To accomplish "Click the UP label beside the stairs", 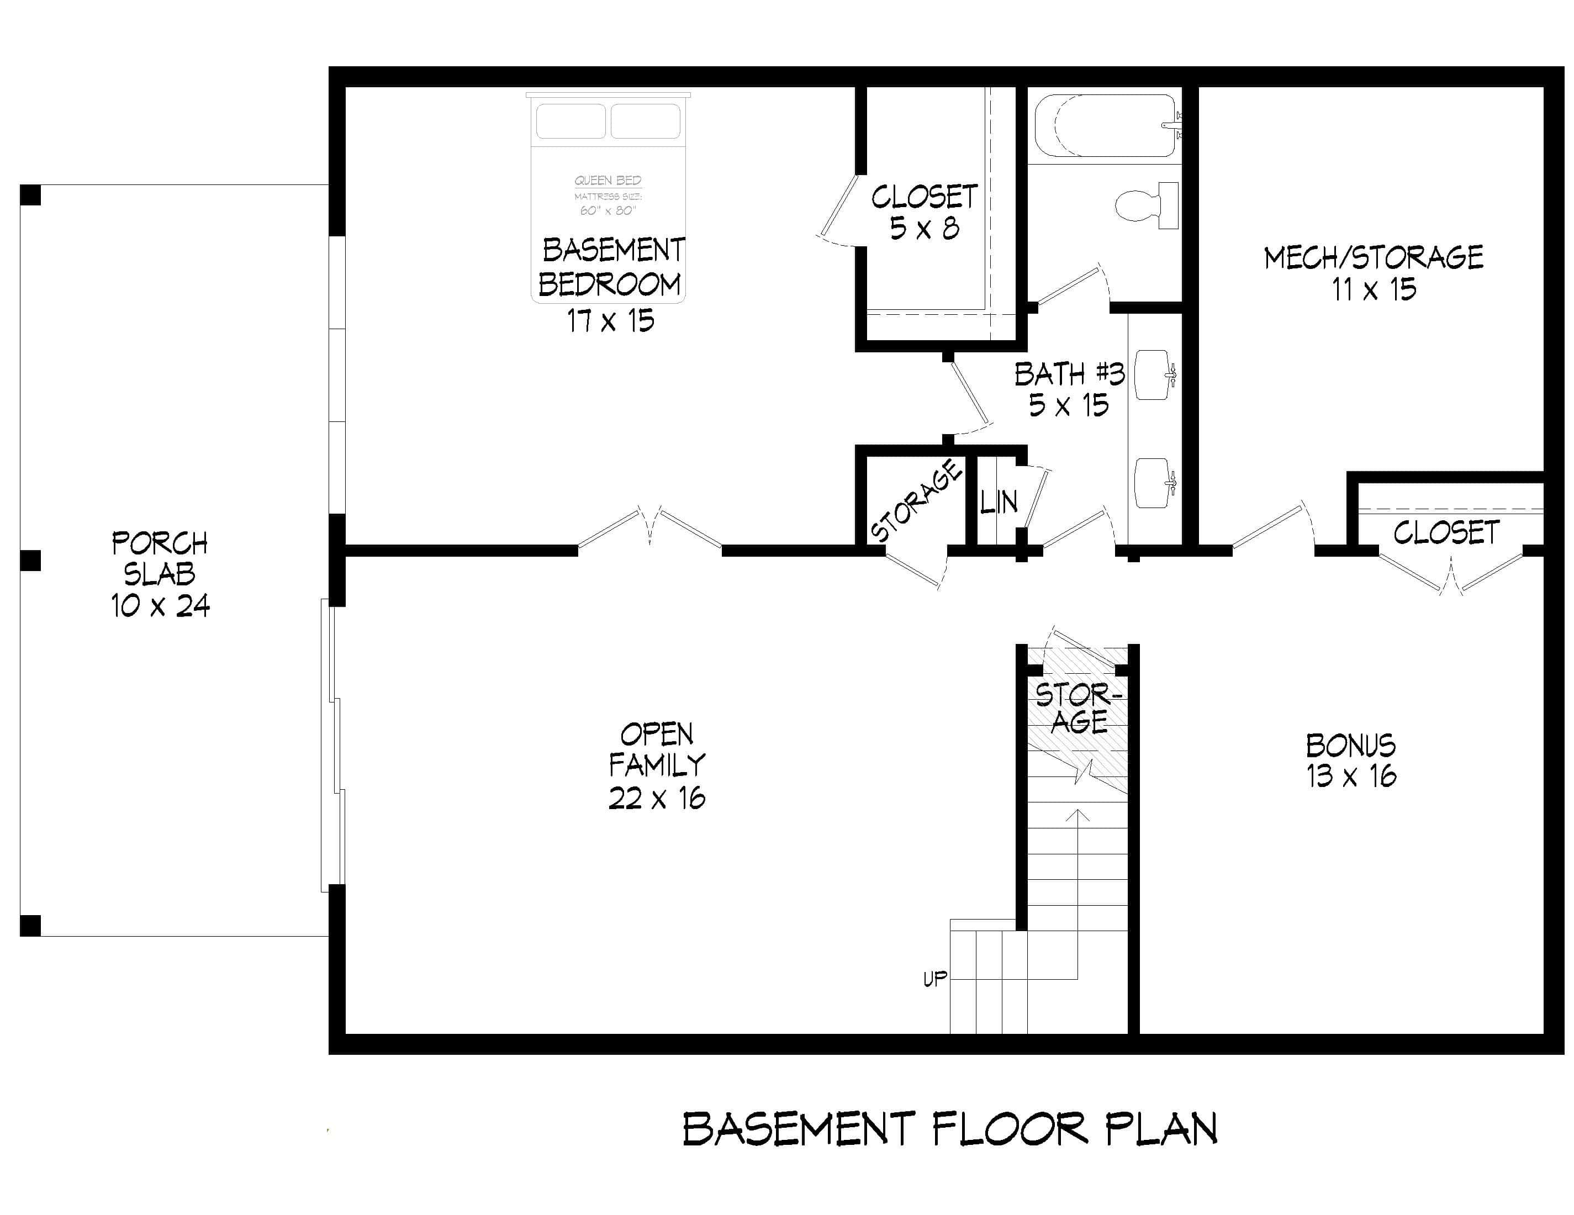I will click(935, 979).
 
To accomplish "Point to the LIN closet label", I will click(999, 501).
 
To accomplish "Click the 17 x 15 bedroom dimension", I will click(610, 321).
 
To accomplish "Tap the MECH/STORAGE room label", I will click(1373, 257).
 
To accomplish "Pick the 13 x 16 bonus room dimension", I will click(1351, 776).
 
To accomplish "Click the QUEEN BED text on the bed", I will click(608, 180).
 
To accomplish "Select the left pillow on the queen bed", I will click(571, 121).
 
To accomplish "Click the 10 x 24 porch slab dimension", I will click(160, 605).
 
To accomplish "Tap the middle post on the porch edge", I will click(30, 561).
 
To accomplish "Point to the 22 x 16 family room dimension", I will click(657, 797).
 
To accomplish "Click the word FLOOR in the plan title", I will click(1009, 1129).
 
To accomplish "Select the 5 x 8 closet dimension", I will click(924, 229).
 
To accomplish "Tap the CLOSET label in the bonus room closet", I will click(1446, 533).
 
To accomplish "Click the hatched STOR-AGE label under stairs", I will click(1078, 709).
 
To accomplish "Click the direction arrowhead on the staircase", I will click(1077, 814).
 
